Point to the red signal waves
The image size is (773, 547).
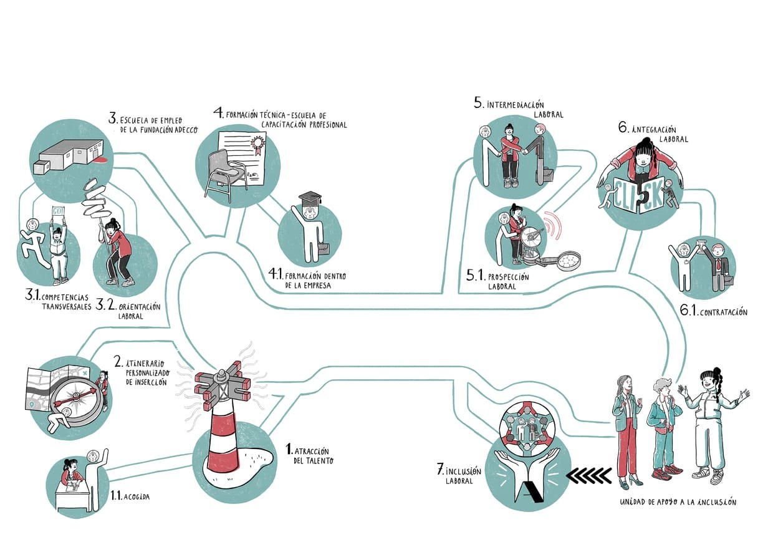(x=551, y=226)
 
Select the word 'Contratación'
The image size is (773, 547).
(x=723, y=312)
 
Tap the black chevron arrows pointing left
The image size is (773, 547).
(x=588, y=477)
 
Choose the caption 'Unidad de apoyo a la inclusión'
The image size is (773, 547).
(x=678, y=502)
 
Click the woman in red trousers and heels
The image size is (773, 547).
(x=626, y=430)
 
